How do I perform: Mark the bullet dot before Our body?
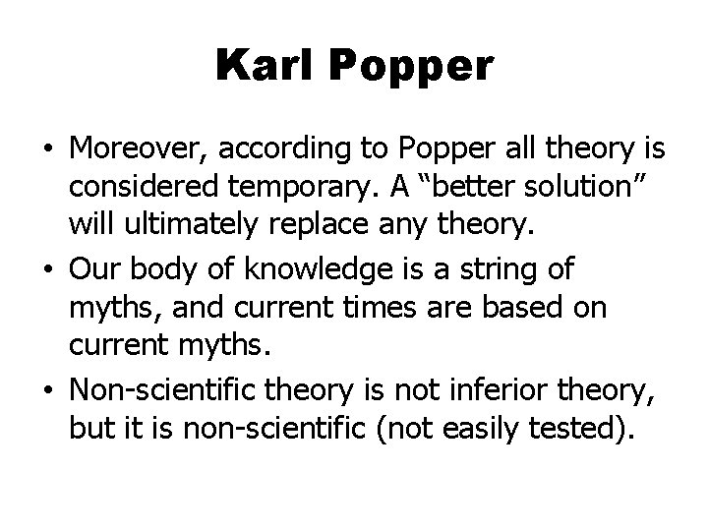[48, 267]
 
